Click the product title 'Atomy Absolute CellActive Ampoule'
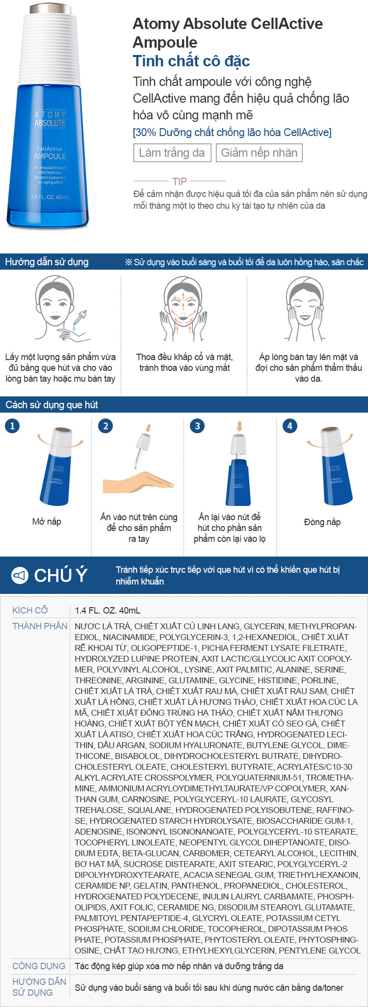click(x=228, y=33)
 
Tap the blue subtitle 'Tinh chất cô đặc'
click(x=191, y=61)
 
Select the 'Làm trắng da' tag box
click(x=172, y=153)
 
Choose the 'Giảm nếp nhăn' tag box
click(x=259, y=153)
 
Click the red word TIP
click(x=180, y=181)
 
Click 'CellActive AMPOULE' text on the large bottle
click(x=50, y=153)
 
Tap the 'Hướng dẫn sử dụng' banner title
click(x=47, y=262)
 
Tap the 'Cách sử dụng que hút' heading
click(x=52, y=405)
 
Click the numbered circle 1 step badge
click(x=12, y=425)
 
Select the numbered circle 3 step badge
click(x=197, y=425)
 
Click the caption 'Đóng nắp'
click(x=322, y=522)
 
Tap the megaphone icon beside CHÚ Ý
click(x=20, y=575)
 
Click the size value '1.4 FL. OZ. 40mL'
click(x=107, y=611)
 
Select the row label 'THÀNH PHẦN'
click(x=40, y=626)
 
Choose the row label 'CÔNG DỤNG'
click(x=39, y=966)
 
